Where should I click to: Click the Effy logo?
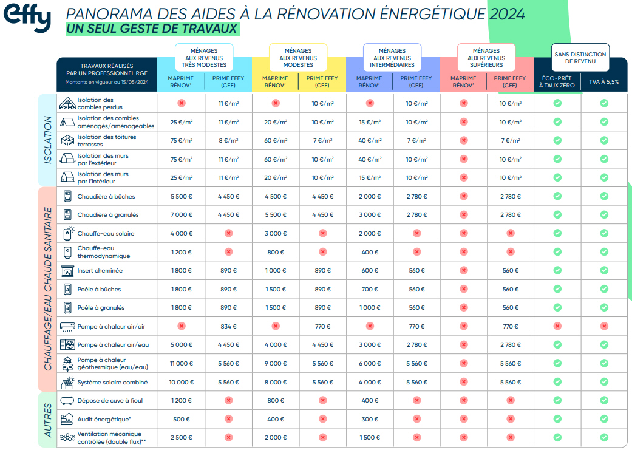click(27, 18)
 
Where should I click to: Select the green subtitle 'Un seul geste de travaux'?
click(152, 29)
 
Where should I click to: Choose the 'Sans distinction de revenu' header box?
click(580, 58)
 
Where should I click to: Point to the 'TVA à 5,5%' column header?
click(603, 81)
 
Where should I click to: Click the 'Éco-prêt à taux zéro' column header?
click(557, 81)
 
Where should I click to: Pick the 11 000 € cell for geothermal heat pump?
click(181, 363)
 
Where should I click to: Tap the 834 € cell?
click(228, 326)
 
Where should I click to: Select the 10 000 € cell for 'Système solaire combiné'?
click(181, 382)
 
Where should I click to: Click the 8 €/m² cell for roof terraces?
click(228, 140)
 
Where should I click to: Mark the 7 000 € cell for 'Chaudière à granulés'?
click(181, 215)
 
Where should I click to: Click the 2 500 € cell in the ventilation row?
click(181, 437)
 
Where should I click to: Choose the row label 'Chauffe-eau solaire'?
click(106, 233)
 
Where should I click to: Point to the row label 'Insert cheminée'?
click(100, 271)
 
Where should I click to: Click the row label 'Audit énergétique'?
click(104, 419)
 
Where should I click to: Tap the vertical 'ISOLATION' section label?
click(48, 140)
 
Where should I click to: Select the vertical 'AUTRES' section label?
click(48, 419)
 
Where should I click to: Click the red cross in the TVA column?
click(604, 326)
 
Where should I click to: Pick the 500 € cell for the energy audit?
click(181, 419)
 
